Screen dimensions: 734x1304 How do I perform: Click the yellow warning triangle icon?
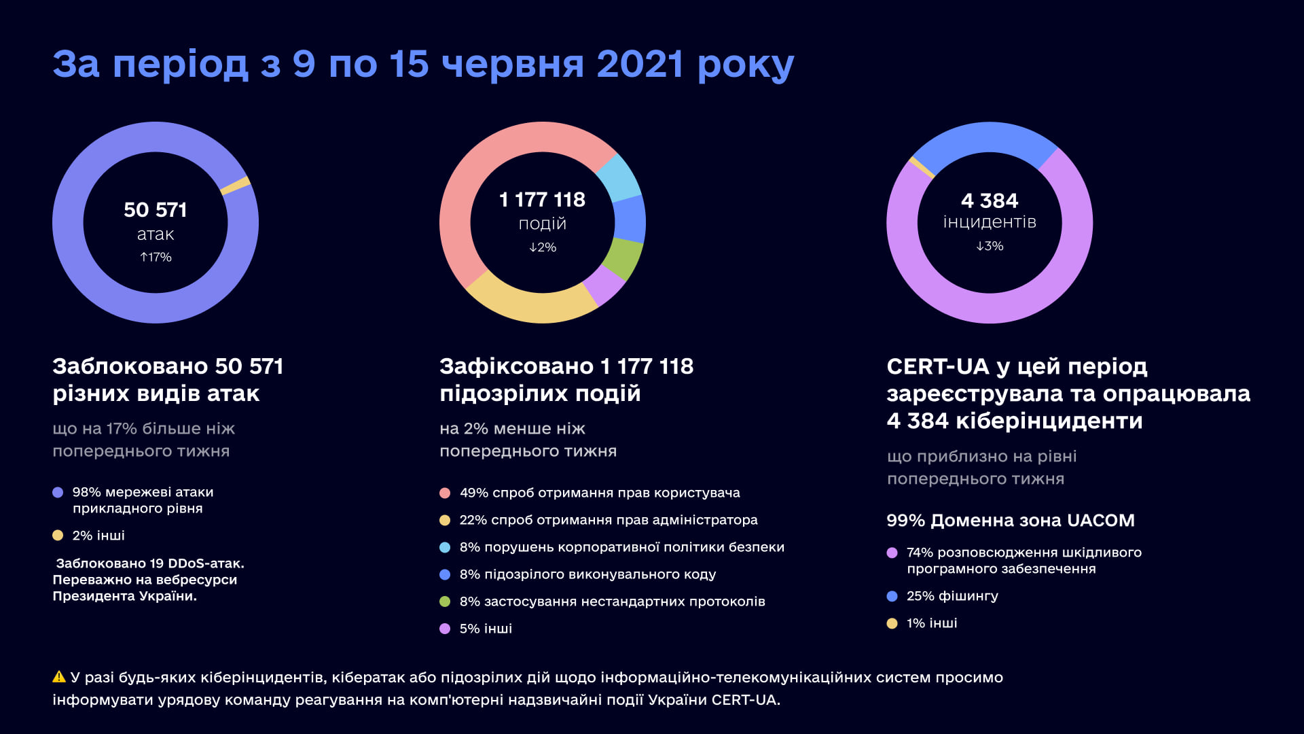pos(59,677)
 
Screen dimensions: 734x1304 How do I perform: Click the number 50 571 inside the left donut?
pos(156,210)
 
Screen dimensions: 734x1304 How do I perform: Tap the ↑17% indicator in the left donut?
pos(156,257)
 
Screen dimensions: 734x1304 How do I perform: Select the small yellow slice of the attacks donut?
pos(236,186)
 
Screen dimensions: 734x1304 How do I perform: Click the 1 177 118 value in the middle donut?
pos(542,200)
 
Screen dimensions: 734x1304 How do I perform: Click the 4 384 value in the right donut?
pos(990,201)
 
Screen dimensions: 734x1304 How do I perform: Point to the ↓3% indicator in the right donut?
pos(990,246)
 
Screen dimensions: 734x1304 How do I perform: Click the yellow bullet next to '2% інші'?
pos(58,536)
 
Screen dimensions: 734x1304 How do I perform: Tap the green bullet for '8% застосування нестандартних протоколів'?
pos(445,601)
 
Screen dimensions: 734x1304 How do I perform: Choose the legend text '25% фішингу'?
pos(952,596)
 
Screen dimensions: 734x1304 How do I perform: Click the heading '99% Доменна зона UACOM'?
pos(1010,521)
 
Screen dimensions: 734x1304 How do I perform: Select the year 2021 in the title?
pos(639,65)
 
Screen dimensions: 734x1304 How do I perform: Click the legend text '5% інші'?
pos(486,629)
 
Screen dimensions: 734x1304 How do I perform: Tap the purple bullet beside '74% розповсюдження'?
pos(892,553)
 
